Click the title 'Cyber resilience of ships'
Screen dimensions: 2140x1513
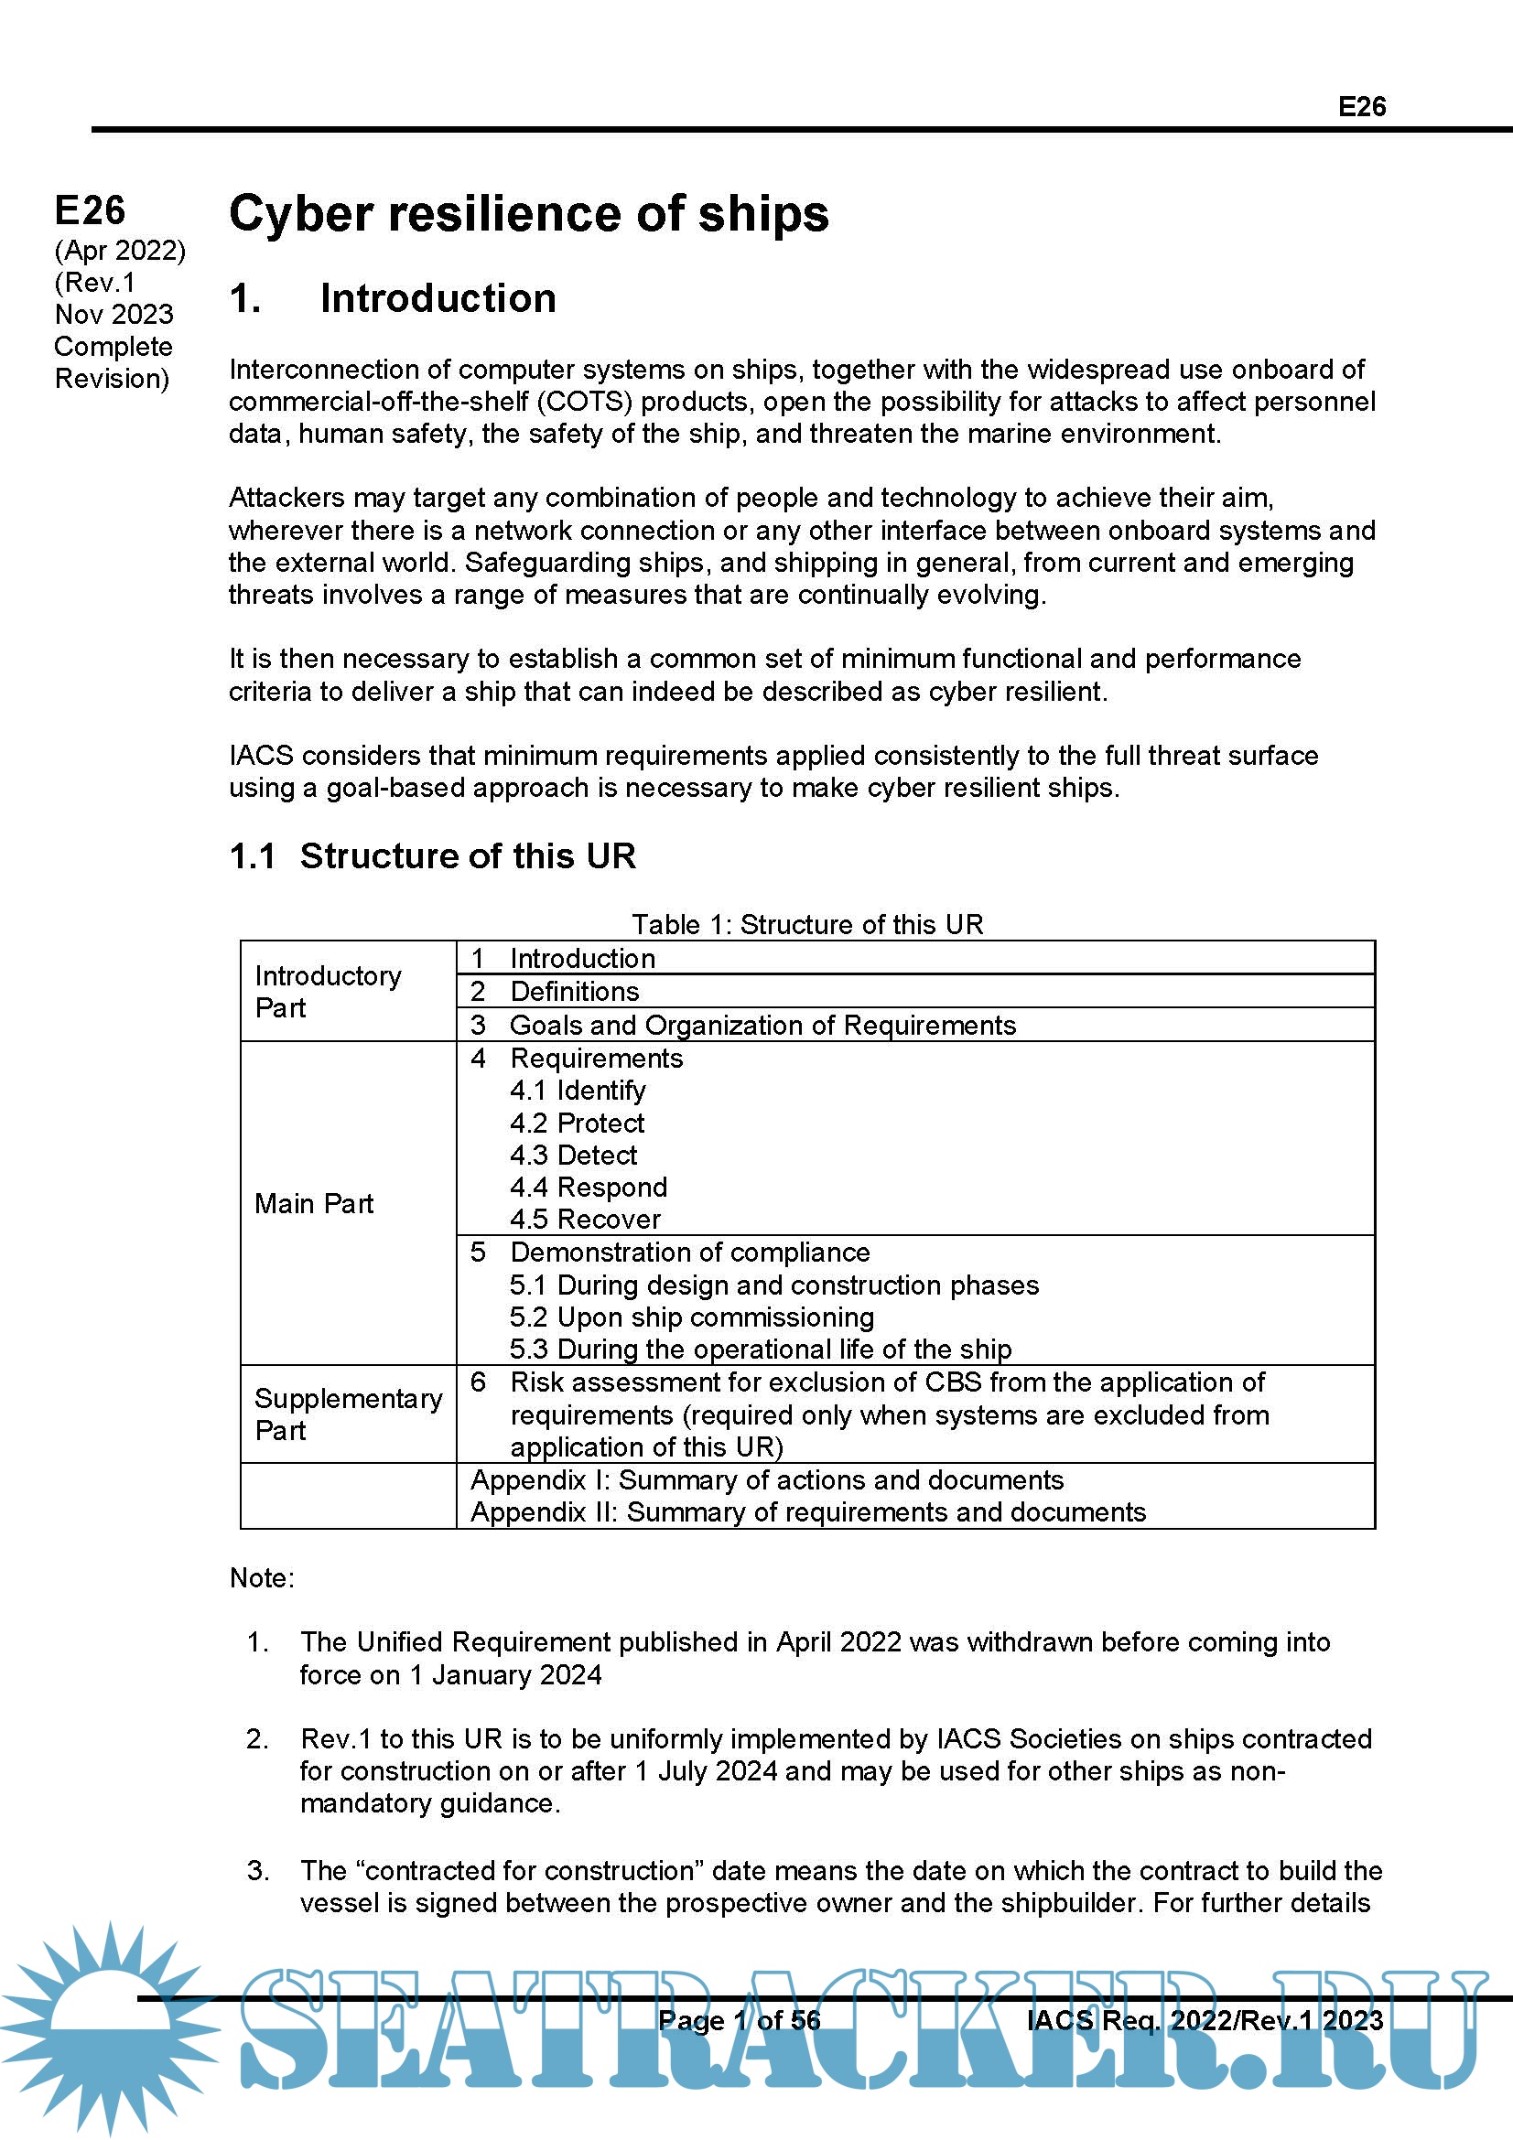pos(528,213)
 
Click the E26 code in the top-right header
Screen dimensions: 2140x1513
pos(1361,107)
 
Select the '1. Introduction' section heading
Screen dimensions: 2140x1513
pos(393,299)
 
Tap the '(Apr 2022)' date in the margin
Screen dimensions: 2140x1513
pos(120,251)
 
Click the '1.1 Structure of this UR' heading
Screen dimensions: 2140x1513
pos(433,855)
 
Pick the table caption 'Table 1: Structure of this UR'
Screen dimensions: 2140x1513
pos(807,924)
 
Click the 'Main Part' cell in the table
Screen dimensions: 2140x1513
pos(314,1203)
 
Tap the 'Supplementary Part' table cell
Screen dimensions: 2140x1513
pos(348,1414)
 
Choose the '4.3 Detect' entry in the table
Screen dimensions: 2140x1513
pos(573,1155)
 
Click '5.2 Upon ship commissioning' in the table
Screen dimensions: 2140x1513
pos(692,1317)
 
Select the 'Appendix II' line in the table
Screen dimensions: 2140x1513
pos(807,1511)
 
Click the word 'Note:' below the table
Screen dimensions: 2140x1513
pos(262,1578)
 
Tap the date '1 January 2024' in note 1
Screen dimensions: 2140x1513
pos(506,1675)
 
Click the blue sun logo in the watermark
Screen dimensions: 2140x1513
pos(110,2024)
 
